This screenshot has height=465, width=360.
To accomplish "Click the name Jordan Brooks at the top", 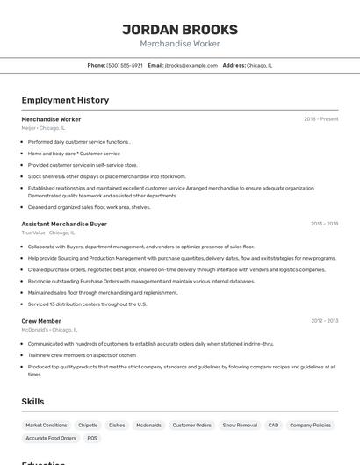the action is click(179, 29).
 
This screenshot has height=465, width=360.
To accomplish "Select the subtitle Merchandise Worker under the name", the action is click(179, 44).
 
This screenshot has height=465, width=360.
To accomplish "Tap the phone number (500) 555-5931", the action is click(125, 65).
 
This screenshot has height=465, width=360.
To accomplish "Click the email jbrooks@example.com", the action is click(191, 65).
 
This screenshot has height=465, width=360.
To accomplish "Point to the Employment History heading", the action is click(65, 100).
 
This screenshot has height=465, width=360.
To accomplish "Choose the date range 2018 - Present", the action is click(320, 119).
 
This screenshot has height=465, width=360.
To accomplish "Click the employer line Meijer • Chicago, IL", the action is click(43, 128).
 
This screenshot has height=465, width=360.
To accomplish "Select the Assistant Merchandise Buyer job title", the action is click(64, 224).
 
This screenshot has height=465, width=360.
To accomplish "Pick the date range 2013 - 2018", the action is click(324, 224).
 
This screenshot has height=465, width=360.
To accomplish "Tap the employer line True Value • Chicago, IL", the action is click(48, 232).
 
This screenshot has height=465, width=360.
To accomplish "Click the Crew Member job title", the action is click(41, 321).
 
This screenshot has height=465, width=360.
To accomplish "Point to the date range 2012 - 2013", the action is click(324, 321).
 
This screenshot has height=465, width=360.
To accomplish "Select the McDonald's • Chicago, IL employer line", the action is click(50, 330).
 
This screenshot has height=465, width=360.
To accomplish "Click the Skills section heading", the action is click(32, 401).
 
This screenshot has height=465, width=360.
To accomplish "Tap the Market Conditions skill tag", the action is click(47, 425).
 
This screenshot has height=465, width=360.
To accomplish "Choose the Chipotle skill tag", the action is click(88, 425).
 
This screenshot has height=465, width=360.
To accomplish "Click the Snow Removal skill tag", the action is click(240, 425).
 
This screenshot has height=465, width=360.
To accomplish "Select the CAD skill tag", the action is click(273, 425).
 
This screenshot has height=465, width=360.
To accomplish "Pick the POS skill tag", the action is click(92, 438).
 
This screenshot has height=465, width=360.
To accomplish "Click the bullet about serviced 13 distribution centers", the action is click(87, 304).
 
